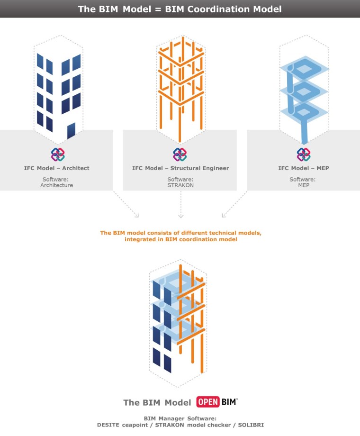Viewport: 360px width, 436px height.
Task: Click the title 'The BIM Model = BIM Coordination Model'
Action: click(180, 9)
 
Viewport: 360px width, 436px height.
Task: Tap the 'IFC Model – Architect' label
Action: click(57, 168)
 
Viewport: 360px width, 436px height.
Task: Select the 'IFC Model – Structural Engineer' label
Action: click(180, 168)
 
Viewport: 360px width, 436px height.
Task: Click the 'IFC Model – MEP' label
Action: click(303, 168)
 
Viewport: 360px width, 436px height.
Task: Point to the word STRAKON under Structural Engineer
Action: click(180, 185)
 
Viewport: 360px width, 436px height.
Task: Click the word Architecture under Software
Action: click(57, 185)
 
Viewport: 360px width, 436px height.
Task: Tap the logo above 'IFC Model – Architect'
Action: click(58, 154)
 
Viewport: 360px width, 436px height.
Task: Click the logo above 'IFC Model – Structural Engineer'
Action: click(180, 154)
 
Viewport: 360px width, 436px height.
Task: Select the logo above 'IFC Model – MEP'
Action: click(303, 154)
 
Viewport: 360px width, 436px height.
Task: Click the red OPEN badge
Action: click(208, 402)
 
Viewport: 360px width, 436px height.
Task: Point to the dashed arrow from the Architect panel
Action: click(126, 205)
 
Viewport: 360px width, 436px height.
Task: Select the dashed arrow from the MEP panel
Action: click(234, 205)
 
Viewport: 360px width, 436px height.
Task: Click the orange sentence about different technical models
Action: click(180, 236)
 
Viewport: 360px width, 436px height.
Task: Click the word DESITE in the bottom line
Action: click(108, 425)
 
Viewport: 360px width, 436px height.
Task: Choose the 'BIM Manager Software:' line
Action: click(180, 418)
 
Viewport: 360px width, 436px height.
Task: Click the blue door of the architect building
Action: click(72, 130)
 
